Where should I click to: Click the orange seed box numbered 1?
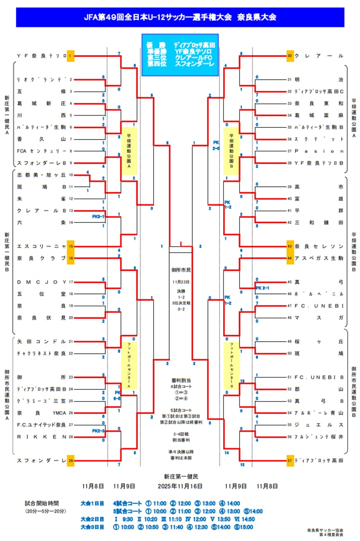click(70, 55)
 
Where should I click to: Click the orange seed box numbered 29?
click(70, 460)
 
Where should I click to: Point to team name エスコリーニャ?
click(41, 246)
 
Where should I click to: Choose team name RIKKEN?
click(41, 437)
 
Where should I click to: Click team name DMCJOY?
click(41, 282)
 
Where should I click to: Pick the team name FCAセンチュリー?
click(41, 151)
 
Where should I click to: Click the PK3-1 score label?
click(98, 216)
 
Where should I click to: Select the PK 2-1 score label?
click(262, 288)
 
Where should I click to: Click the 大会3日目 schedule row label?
click(92, 527)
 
